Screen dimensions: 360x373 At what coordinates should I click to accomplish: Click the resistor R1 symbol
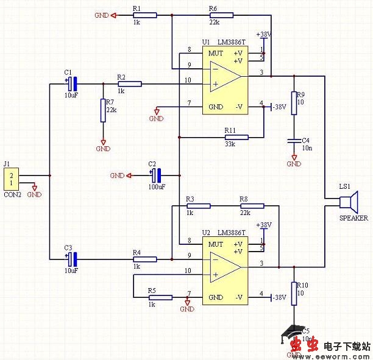pyautogui.click(x=144, y=15)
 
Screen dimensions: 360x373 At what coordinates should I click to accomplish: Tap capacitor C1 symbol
pyautogui.click(x=72, y=83)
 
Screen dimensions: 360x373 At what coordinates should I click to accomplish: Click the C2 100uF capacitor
pyautogui.click(x=157, y=176)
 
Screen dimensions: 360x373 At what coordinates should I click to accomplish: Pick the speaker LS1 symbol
pyautogui.click(x=350, y=202)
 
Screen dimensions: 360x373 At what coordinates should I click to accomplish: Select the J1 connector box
pyautogui.click(x=11, y=179)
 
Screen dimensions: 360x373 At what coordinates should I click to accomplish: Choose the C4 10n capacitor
pyautogui.click(x=294, y=141)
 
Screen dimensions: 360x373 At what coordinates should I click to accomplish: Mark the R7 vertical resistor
pyautogui.click(x=103, y=110)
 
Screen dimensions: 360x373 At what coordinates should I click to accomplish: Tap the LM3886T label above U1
pyautogui.click(x=231, y=41)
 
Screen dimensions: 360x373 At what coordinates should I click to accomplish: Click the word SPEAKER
pyautogui.click(x=354, y=217)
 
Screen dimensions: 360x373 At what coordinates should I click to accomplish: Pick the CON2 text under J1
pyautogui.click(x=12, y=195)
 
